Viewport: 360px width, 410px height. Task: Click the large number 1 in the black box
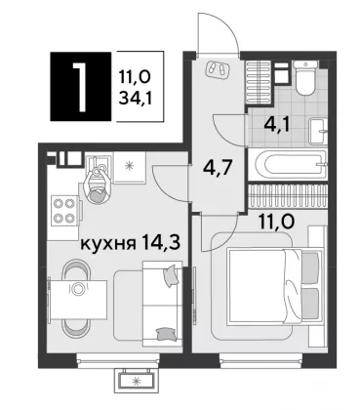tap(80, 87)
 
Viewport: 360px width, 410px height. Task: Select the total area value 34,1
tap(136, 98)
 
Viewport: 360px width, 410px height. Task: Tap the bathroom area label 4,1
tap(277, 125)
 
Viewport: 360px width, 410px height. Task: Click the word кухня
tap(107, 244)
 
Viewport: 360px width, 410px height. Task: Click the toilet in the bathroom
tap(304, 77)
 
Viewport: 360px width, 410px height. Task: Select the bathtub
tap(287, 165)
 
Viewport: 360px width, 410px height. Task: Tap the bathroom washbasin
tap(318, 131)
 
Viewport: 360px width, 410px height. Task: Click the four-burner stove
tap(63, 210)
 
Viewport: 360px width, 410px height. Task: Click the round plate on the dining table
tap(77, 289)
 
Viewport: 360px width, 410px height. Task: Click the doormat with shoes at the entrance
tap(218, 69)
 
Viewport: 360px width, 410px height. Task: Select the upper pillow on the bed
tap(310, 267)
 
